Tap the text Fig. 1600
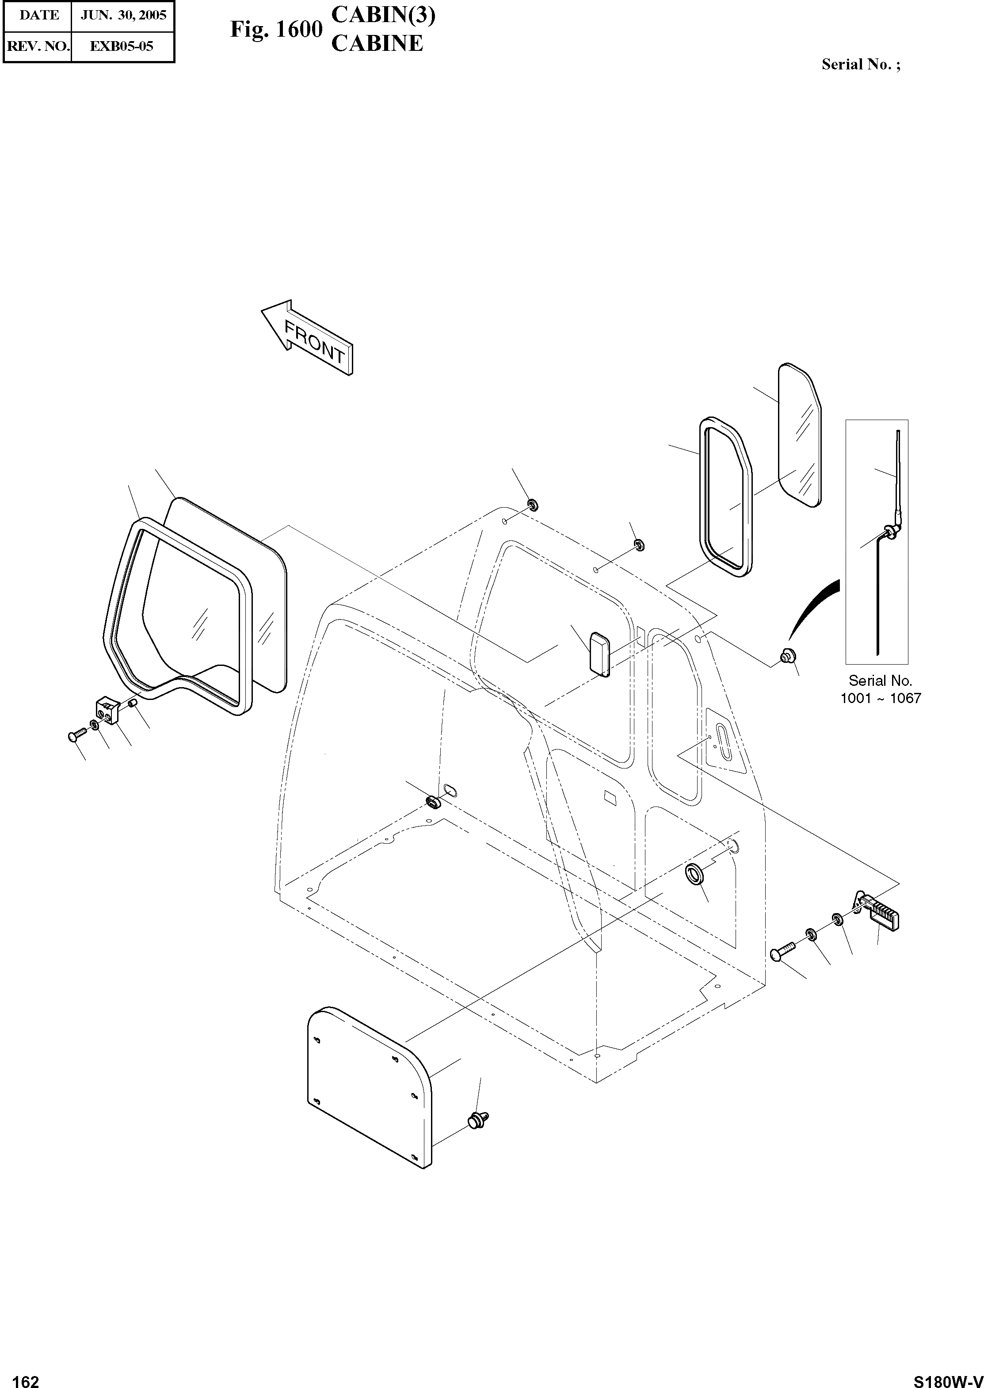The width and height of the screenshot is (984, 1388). [x=276, y=30]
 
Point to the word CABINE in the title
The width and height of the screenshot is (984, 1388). [x=377, y=44]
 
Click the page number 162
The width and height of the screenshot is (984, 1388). [x=26, y=1377]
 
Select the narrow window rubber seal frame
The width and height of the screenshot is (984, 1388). [x=725, y=497]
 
